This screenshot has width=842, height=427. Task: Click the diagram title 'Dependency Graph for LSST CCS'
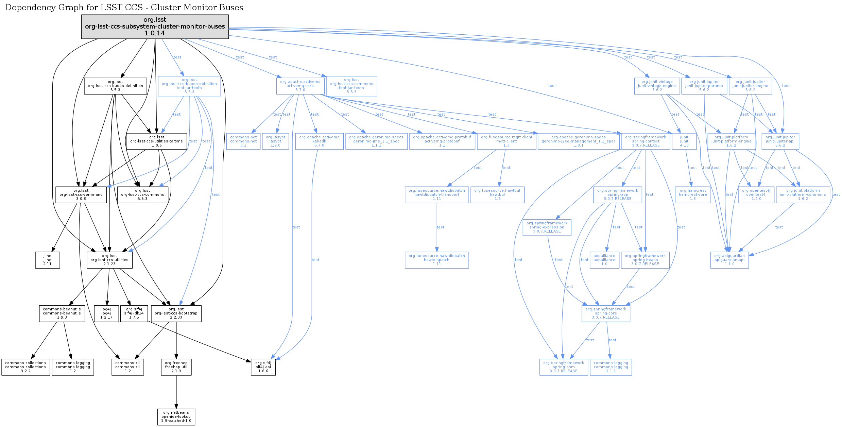(x=124, y=7)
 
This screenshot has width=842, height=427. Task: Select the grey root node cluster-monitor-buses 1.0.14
(x=155, y=27)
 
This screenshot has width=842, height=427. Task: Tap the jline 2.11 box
(x=47, y=260)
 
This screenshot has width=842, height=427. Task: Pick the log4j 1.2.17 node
(x=106, y=313)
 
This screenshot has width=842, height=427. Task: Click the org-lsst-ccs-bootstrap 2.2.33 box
(x=176, y=313)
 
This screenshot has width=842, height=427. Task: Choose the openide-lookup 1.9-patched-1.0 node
(x=176, y=417)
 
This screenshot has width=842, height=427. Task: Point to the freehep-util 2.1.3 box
(x=176, y=367)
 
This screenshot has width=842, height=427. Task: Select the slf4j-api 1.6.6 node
(x=263, y=367)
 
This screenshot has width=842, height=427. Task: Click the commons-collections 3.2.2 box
(x=25, y=367)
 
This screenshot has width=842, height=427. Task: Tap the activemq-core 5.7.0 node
(x=300, y=86)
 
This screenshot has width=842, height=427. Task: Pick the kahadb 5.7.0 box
(x=319, y=141)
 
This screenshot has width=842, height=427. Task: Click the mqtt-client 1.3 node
(x=506, y=141)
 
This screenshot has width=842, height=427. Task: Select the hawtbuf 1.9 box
(x=497, y=195)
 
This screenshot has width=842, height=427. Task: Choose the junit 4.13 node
(x=684, y=141)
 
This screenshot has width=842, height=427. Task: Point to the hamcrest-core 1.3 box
(x=692, y=195)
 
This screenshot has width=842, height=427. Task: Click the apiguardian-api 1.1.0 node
(x=729, y=260)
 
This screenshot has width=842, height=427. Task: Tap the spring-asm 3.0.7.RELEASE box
(x=563, y=367)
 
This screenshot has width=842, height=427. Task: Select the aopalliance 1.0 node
(x=604, y=260)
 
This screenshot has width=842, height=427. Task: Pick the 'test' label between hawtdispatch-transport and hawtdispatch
(x=440, y=227)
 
